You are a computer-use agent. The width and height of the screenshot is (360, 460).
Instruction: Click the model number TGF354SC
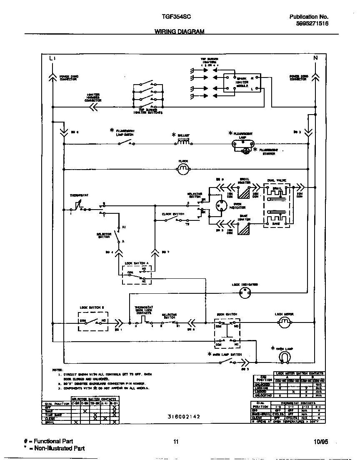click(x=176, y=17)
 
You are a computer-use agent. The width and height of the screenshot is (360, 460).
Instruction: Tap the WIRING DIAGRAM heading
click(x=180, y=32)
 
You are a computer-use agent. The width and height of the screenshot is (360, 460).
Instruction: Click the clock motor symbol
click(x=183, y=167)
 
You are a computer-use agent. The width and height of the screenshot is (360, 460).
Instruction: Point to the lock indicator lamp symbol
click(x=245, y=293)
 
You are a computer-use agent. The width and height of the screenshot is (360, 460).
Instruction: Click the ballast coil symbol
click(x=184, y=142)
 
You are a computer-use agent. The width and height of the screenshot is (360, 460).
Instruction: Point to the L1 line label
click(x=52, y=58)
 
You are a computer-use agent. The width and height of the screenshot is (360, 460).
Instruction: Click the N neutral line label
click(x=315, y=58)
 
